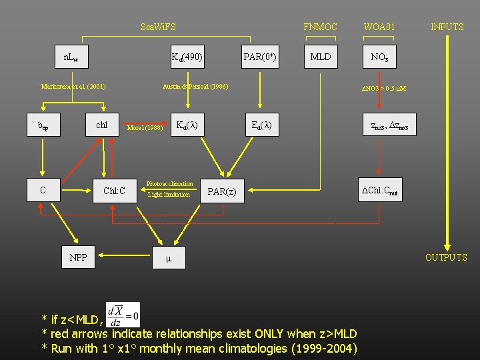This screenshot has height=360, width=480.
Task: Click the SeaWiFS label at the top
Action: (159, 27)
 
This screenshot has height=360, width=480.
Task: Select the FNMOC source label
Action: (320, 27)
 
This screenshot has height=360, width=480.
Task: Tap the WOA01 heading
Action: (379, 27)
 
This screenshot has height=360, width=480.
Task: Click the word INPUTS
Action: (447, 27)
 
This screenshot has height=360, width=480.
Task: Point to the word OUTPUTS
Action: (446, 257)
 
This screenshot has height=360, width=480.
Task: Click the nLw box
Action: (71, 57)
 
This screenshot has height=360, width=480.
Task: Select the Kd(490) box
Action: (187, 57)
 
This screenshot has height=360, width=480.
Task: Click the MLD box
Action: (321, 57)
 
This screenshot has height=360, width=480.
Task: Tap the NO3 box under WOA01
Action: (379, 57)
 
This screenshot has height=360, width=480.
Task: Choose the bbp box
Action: (43, 125)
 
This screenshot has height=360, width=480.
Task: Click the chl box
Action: (102, 125)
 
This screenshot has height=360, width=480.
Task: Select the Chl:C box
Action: (114, 191)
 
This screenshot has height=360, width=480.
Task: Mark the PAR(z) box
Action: (222, 192)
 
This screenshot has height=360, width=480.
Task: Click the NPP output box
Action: (78, 257)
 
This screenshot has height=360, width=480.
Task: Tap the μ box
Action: (169, 257)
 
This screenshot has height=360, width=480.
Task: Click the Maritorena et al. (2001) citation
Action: (73, 87)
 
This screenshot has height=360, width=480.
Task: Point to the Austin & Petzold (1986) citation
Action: (195, 87)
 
